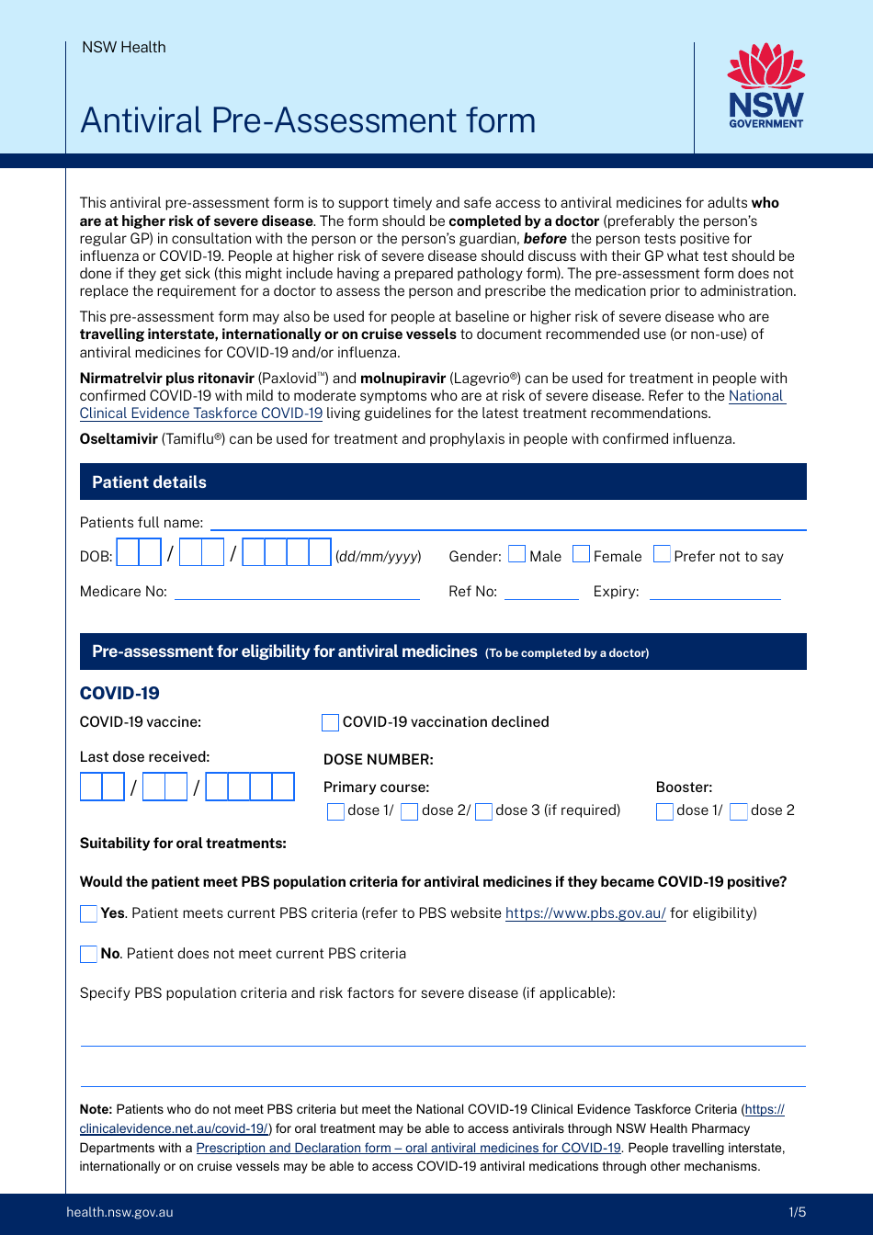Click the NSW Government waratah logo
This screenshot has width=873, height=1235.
point(765,85)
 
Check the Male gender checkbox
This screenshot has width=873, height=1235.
point(517,554)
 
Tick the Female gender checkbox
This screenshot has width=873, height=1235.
point(581,554)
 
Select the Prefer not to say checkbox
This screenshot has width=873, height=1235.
point(662,554)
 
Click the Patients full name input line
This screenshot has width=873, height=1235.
point(508,523)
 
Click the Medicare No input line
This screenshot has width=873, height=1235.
point(297,592)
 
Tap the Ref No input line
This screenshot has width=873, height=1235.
point(541,592)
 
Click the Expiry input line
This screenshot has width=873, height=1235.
point(714,592)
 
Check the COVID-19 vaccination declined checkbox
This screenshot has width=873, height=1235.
point(331,722)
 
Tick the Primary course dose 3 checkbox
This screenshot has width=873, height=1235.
point(483,811)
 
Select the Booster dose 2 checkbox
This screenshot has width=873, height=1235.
point(739,811)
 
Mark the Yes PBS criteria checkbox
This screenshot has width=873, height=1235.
point(89,913)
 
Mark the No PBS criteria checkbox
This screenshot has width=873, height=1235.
point(89,954)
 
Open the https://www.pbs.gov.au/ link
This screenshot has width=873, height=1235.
point(585,913)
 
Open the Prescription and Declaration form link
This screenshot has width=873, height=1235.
point(408,1148)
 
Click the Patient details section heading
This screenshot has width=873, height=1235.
point(149,482)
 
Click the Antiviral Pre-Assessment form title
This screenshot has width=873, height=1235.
point(308,120)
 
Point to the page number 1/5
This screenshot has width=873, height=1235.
point(797,1212)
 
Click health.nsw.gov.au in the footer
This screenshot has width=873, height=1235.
point(119,1212)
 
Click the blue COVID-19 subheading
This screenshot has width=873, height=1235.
point(119,693)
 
